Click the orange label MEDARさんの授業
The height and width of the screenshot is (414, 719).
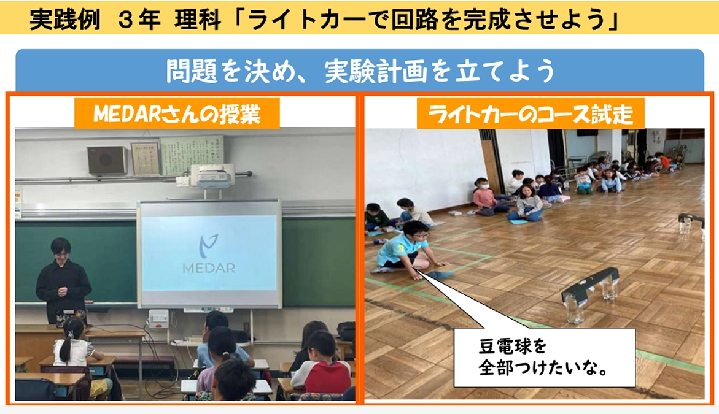tap(177, 114)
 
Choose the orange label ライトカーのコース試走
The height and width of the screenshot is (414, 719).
tap(531, 114)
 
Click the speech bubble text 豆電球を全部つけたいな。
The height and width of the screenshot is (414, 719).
tap(544, 358)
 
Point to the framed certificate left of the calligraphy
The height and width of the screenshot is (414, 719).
tap(145, 158)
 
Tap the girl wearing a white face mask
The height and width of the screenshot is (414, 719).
tap(484, 195)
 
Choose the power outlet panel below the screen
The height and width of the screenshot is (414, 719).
tap(158, 318)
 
